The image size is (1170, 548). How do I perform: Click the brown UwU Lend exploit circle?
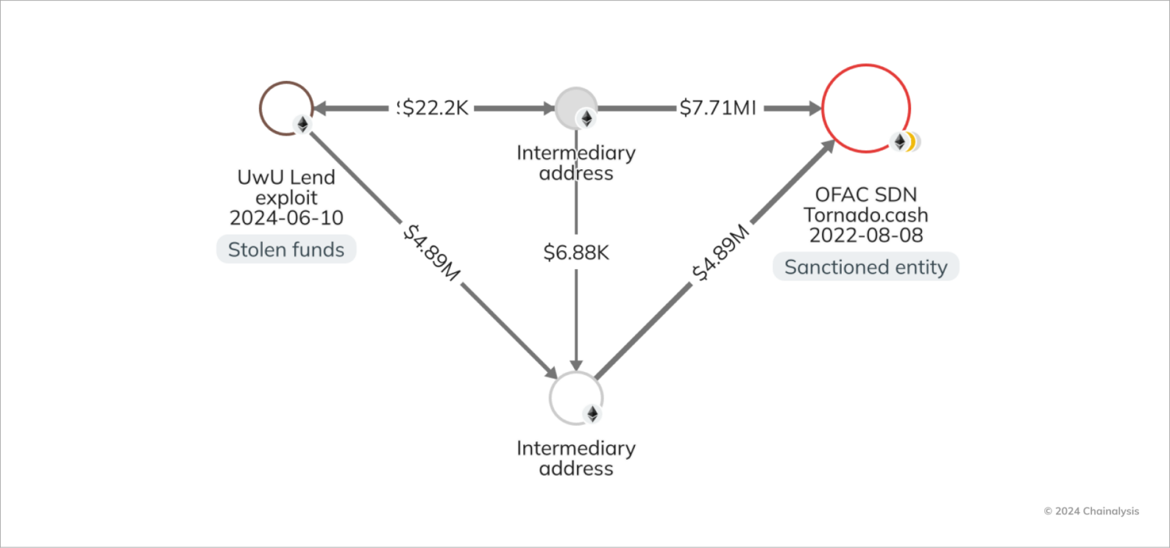coord(285,108)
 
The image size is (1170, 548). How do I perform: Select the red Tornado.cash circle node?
coord(866,108)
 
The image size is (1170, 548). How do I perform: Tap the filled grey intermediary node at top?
coord(576,108)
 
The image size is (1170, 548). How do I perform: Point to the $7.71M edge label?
coord(718,108)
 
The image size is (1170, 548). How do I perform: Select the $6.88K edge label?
coord(576,253)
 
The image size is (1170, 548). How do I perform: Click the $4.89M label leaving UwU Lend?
coord(428,253)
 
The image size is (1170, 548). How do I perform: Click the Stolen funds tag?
coord(286,249)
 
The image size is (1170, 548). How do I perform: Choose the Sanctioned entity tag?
coord(866,267)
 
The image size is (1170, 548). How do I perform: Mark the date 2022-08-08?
coord(866,235)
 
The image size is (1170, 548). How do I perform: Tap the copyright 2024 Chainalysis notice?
coord(1091,511)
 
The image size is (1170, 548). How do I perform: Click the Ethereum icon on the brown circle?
coord(302,124)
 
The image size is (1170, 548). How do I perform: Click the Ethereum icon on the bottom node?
coord(593,413)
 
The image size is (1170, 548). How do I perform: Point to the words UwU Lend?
coord(286,177)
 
